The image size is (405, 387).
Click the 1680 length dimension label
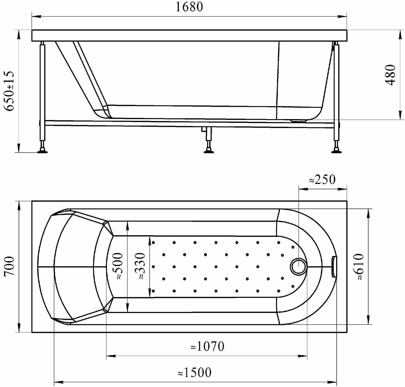(x=189, y=7)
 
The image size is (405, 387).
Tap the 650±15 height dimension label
(x=9, y=91)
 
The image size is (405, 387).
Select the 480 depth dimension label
(x=390, y=75)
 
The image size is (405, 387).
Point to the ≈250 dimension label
(x=322, y=180)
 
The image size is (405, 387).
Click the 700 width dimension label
(x=9, y=266)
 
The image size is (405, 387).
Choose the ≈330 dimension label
(x=140, y=266)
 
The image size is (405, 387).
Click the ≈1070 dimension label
(x=207, y=346)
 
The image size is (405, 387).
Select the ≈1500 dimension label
(x=194, y=372)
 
